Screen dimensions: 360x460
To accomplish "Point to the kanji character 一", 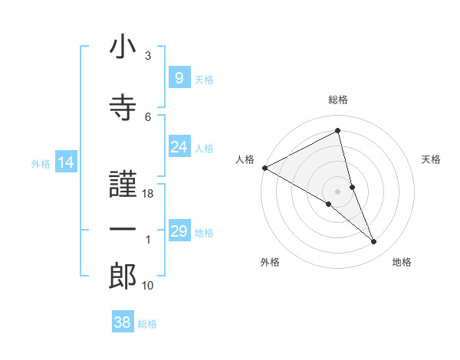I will click(123, 229).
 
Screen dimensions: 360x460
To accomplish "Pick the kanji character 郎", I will click(123, 276).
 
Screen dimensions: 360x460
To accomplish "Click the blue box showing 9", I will click(179, 78).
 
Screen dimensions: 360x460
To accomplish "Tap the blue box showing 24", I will click(179, 148).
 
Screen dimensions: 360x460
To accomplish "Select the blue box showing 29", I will click(179, 231).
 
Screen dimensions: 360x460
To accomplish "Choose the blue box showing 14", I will click(65, 162).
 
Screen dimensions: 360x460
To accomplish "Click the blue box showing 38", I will click(122, 322).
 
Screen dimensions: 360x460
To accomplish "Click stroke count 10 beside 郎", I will click(148, 286).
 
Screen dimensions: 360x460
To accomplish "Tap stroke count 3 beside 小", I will click(148, 56).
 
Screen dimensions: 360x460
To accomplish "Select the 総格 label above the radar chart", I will click(337, 100).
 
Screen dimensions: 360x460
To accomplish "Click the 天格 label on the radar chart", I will click(432, 159).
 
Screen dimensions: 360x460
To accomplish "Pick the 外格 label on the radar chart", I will click(270, 262).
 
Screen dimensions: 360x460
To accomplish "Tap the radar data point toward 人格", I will click(264, 168).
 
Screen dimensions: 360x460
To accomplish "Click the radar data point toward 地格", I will click(374, 242).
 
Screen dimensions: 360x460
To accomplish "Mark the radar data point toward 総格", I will click(337, 131).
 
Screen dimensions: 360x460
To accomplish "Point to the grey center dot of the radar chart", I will click(337, 191).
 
